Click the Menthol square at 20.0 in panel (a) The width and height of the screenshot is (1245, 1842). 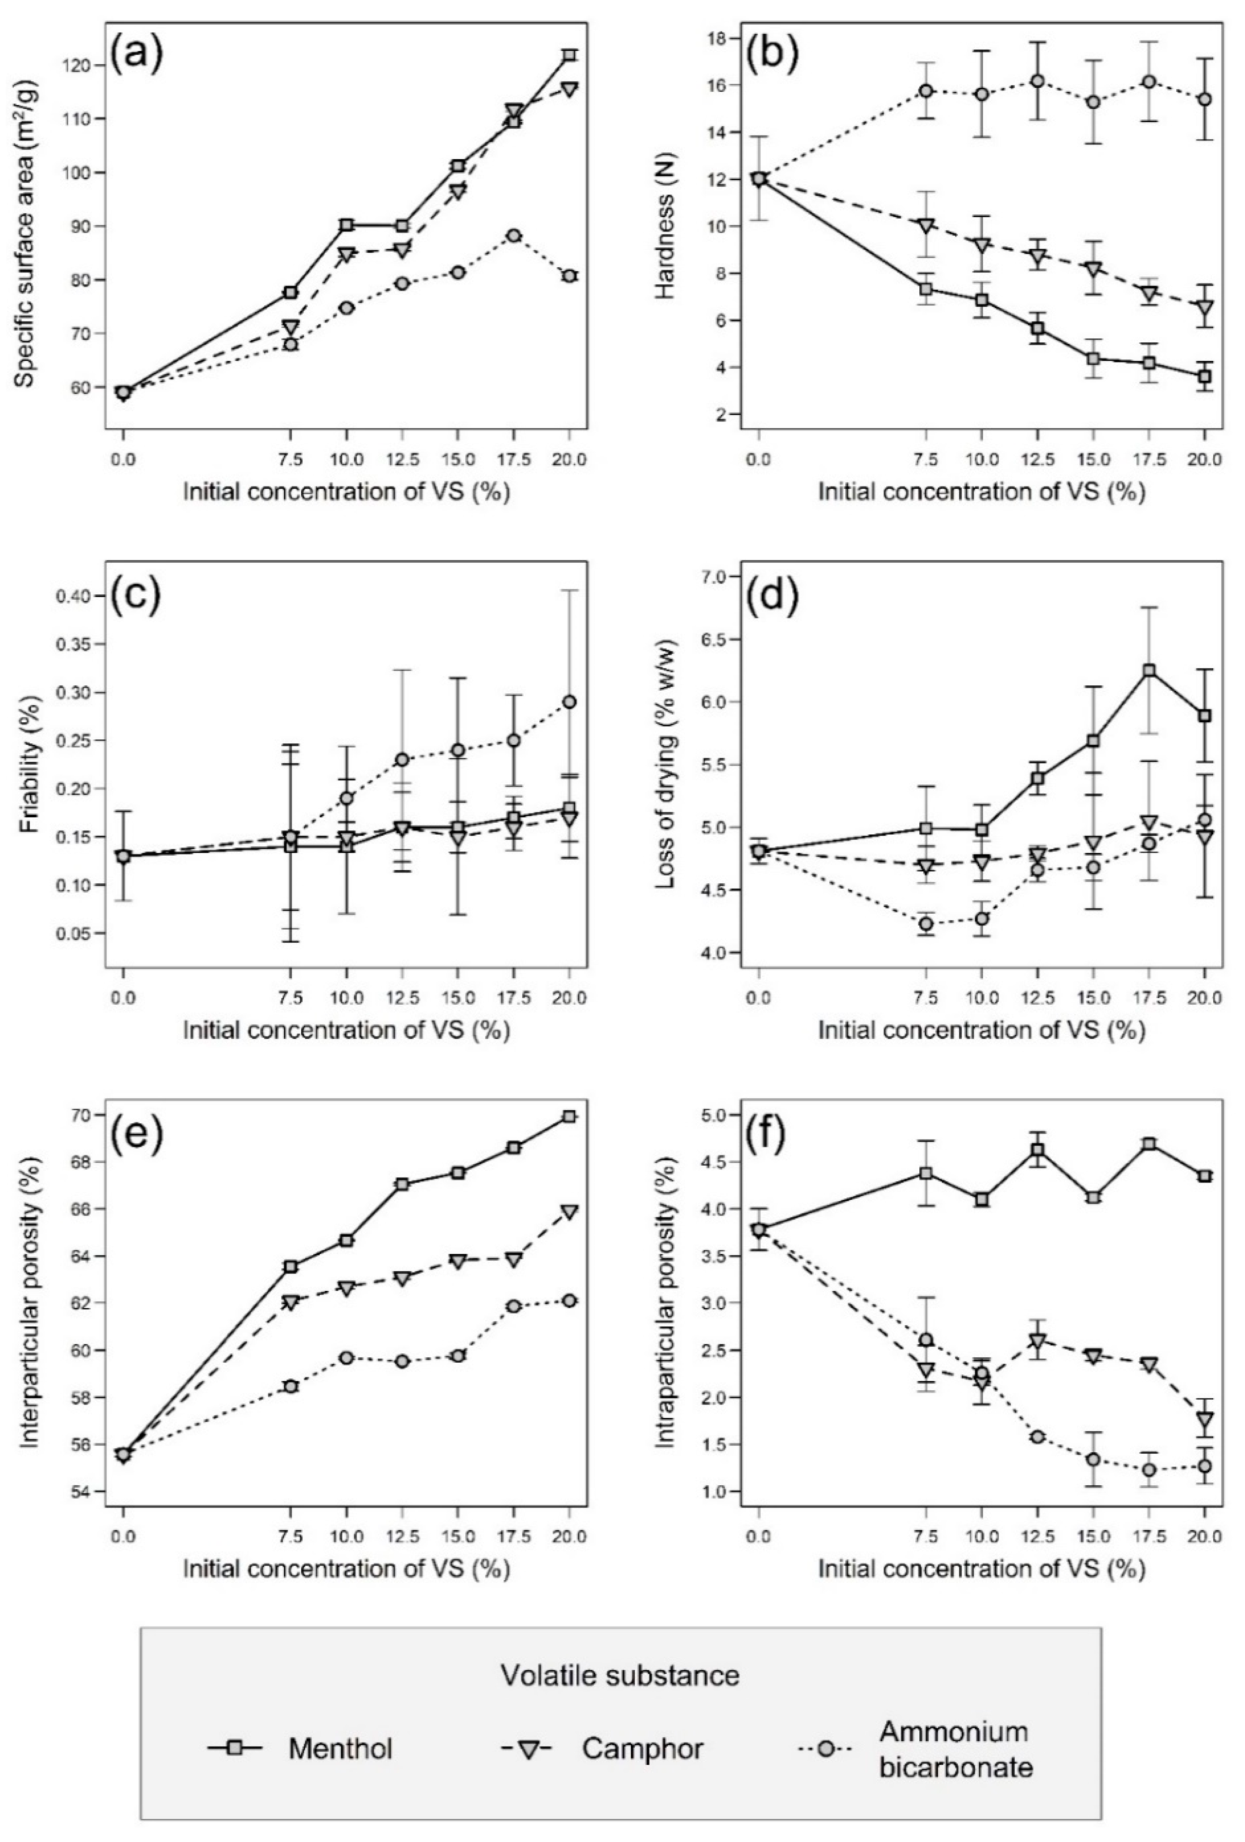click(569, 55)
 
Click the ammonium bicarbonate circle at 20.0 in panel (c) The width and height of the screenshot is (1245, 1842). click(569, 701)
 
